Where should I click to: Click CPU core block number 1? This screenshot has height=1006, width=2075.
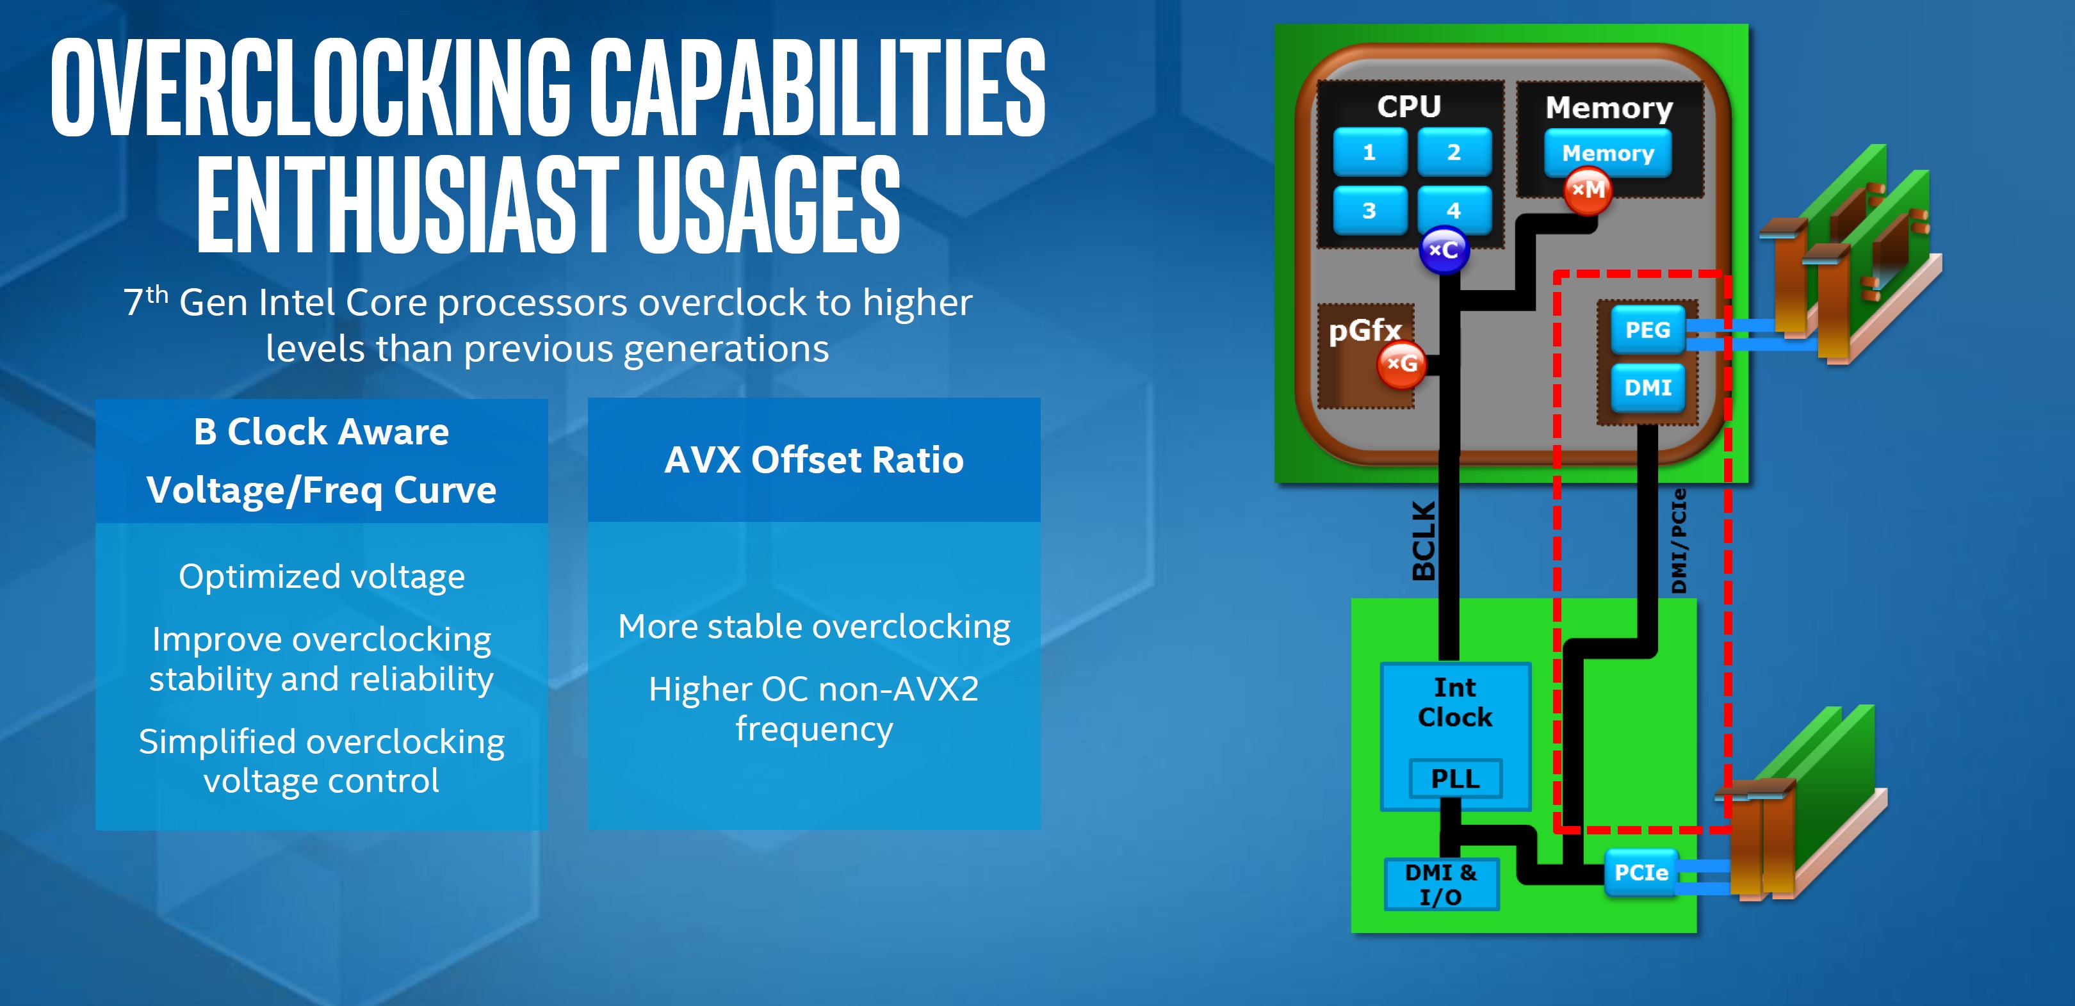point(1369,151)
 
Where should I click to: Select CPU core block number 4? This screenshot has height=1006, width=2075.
point(1454,209)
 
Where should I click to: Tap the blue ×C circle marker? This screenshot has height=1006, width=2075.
point(1444,250)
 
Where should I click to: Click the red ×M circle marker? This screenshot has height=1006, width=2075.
point(1588,191)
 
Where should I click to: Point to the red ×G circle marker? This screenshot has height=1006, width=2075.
point(1402,364)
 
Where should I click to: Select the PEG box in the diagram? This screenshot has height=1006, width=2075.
point(1648,329)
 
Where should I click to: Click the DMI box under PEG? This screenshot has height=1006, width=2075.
point(1648,387)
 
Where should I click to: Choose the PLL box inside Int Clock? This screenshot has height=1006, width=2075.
point(1456,779)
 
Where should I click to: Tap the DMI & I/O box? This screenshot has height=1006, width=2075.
point(1441,884)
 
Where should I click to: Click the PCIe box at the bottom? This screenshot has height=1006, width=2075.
point(1641,872)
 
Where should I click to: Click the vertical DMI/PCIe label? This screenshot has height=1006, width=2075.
point(1679,541)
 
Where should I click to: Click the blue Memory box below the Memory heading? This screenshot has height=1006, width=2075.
point(1607,153)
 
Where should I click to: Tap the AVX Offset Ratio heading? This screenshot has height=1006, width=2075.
point(813,460)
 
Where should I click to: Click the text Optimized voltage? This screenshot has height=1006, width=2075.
point(322,577)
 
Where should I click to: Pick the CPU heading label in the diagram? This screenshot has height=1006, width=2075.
point(1409,106)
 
